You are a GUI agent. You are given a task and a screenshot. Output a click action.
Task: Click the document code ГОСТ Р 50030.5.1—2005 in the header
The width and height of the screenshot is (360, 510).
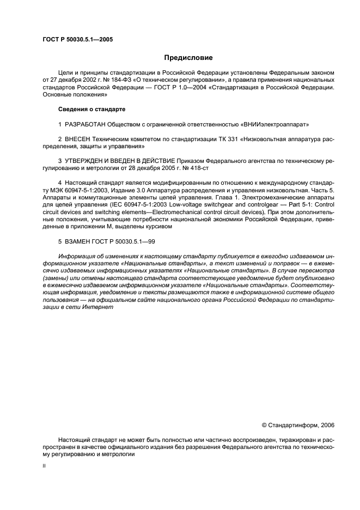coord(77,39)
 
